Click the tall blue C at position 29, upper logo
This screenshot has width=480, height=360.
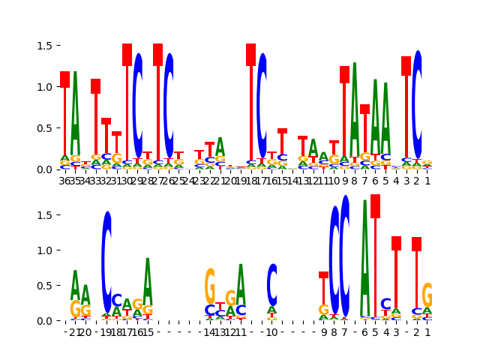137,105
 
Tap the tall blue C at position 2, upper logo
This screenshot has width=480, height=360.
417,105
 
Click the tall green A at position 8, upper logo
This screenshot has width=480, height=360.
355,112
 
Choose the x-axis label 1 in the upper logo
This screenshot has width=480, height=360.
427,180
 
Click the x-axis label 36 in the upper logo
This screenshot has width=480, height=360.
65,180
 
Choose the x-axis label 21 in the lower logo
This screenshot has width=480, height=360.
75,332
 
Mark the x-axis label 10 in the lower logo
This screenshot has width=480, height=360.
272,332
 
